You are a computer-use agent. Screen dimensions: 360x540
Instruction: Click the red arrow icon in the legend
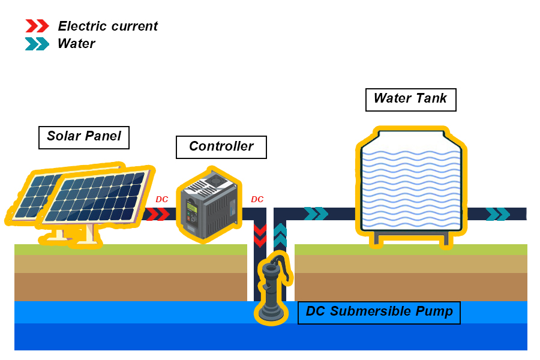(37, 26)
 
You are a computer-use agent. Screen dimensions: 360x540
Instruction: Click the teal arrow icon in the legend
(37, 44)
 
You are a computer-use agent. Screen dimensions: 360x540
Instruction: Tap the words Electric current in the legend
(107, 26)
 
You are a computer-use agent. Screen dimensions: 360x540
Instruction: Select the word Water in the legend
(76, 44)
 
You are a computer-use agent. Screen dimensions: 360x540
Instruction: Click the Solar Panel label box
(84, 137)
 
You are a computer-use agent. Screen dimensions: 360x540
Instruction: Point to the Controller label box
(221, 147)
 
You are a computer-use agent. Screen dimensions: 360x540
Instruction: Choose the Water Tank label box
(410, 99)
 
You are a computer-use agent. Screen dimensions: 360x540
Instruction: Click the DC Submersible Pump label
(379, 312)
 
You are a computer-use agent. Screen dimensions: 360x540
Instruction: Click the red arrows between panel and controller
(158, 214)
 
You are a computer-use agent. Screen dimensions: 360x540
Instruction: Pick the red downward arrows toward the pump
(260, 236)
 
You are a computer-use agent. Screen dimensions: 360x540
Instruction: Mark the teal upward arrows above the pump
(280, 236)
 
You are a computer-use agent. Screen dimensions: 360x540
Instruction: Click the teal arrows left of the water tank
(316, 214)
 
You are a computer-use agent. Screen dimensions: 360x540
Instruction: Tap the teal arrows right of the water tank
(497, 214)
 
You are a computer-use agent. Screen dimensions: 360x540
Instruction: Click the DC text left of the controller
(162, 199)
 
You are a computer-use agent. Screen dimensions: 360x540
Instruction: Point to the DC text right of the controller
(257, 199)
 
